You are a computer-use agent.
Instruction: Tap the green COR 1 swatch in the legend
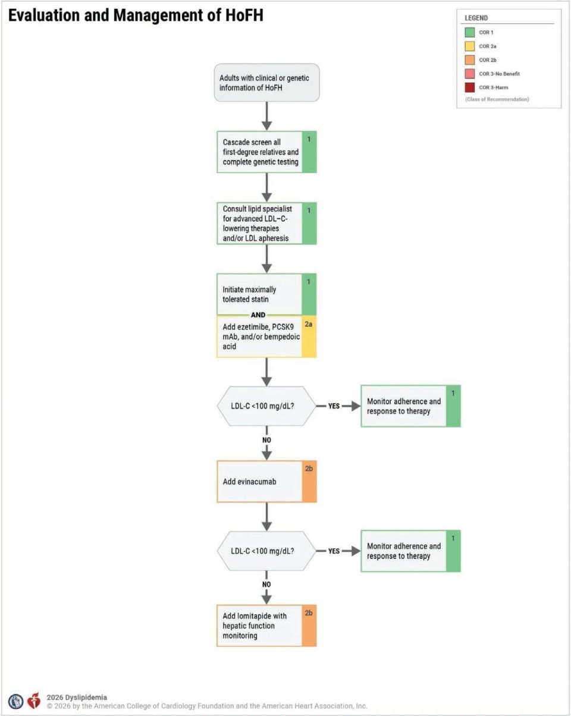[469, 32]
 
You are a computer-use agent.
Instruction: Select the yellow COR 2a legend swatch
[469, 46]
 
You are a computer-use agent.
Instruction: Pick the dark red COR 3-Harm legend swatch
[469, 87]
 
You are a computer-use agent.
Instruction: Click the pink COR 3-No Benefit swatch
[469, 74]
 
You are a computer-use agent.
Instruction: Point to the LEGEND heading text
[476, 18]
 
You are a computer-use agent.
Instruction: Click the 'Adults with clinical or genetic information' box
[266, 83]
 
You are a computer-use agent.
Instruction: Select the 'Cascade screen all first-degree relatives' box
[266, 152]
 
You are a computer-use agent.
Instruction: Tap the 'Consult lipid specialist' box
[266, 223]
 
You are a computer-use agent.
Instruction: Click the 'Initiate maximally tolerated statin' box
[266, 294]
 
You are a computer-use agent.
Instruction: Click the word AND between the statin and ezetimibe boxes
[258, 315]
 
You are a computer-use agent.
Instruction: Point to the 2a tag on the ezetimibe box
[309, 324]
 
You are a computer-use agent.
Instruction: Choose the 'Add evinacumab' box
[266, 482]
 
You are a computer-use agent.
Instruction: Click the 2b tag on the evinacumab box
[309, 469]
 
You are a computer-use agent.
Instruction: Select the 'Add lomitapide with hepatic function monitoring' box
[266, 626]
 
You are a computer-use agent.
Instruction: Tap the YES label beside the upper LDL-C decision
[334, 406]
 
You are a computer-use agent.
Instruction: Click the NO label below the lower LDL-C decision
[266, 584]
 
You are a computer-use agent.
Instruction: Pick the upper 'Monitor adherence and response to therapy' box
[410, 406]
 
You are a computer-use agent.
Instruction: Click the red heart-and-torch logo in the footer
[34, 701]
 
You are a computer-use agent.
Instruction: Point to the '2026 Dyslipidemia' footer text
[77, 697]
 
